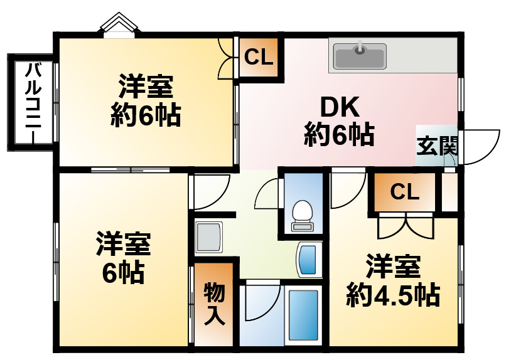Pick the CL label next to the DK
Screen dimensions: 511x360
click(x=259, y=58)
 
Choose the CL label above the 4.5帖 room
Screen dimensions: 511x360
click(x=405, y=192)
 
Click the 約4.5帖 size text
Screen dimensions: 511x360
click(x=393, y=294)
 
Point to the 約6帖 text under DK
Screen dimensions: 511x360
click(x=340, y=135)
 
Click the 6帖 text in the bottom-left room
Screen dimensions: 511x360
click(x=124, y=273)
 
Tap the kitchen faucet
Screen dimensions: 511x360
click(x=360, y=48)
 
